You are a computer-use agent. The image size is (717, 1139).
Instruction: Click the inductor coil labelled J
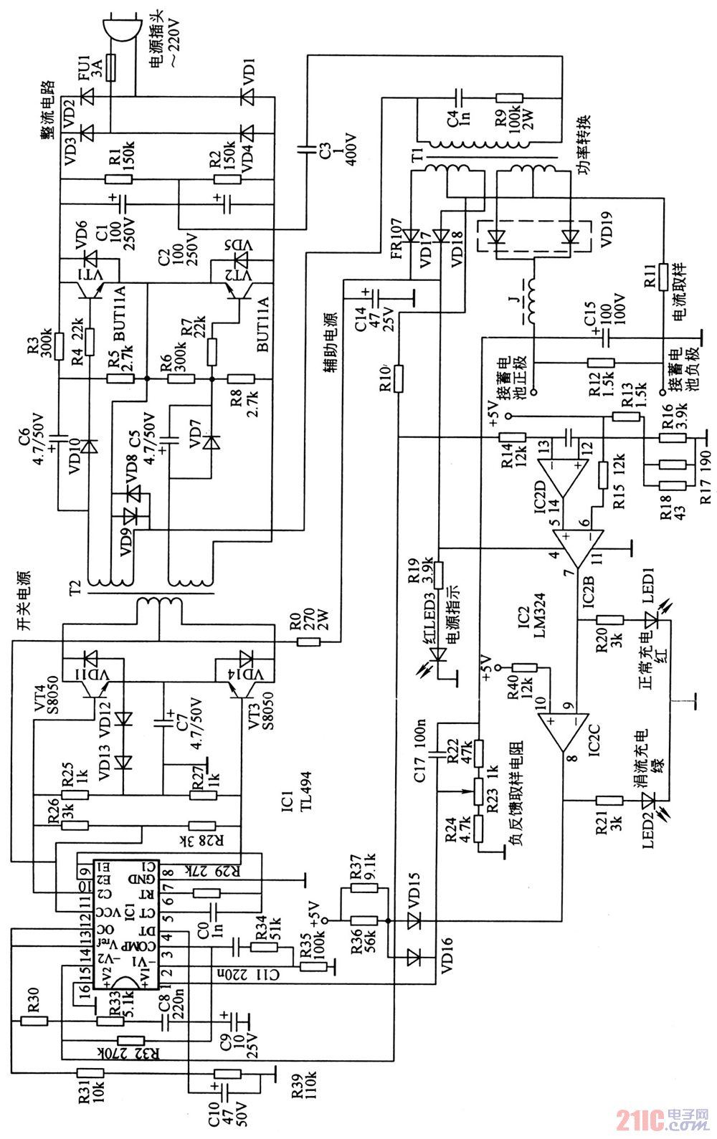[x=531, y=302]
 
